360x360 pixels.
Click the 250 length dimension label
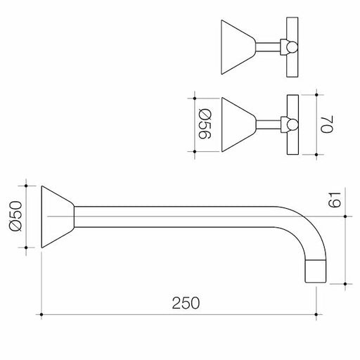(x=186, y=303)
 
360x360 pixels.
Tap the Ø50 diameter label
(x=16, y=217)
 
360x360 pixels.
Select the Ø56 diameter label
(x=205, y=124)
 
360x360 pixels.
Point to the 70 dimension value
(x=327, y=124)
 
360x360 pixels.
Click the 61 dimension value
(x=334, y=200)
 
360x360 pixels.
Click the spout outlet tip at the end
(x=315, y=271)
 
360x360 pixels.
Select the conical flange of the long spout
(x=58, y=217)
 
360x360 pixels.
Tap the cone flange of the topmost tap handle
(x=238, y=47)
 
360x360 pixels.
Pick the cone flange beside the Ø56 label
(x=239, y=124)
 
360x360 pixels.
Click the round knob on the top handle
(x=292, y=47)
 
